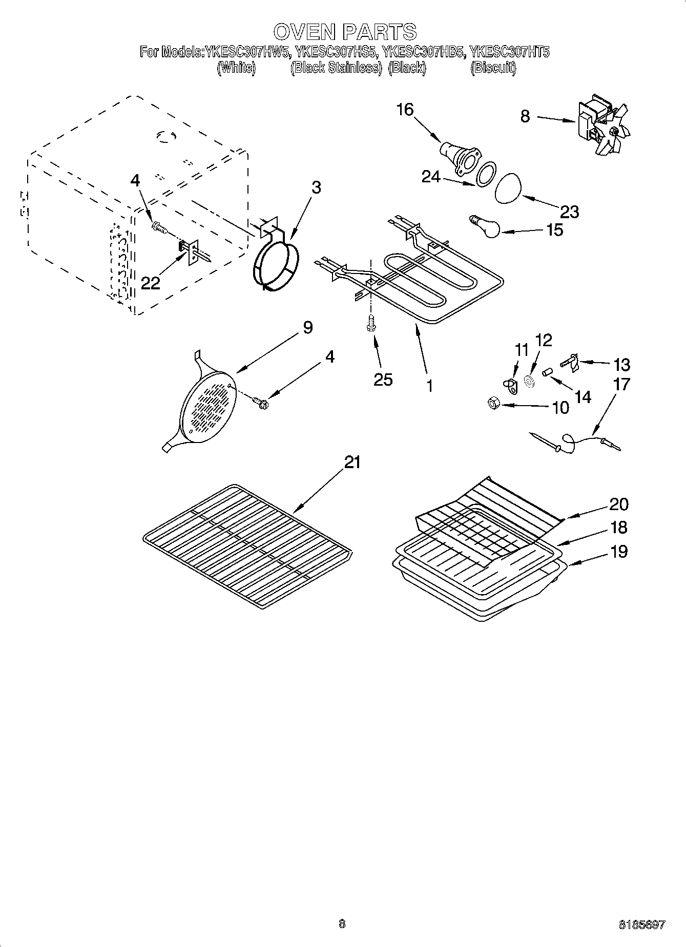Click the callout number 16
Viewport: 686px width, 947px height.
(405, 110)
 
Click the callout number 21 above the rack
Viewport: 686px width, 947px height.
(352, 462)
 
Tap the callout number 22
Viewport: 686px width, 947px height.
(151, 283)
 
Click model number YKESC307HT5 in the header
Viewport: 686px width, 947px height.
(510, 52)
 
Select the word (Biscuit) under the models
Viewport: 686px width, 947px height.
(493, 68)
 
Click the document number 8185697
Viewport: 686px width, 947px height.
(642, 924)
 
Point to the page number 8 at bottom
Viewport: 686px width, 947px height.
(342, 924)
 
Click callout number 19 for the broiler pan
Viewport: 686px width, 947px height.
(619, 552)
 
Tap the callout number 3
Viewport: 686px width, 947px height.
(316, 188)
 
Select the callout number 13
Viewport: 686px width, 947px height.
(621, 365)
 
